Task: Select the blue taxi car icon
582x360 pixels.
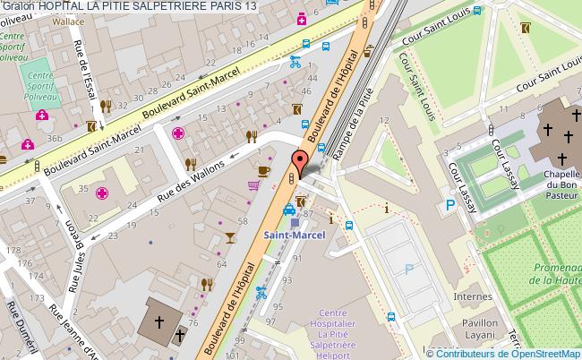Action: [289, 211]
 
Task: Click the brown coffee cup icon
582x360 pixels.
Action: [263, 170]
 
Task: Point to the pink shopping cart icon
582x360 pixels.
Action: [254, 185]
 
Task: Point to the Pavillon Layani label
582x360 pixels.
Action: [506, 333]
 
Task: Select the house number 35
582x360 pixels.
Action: [83, 190]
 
